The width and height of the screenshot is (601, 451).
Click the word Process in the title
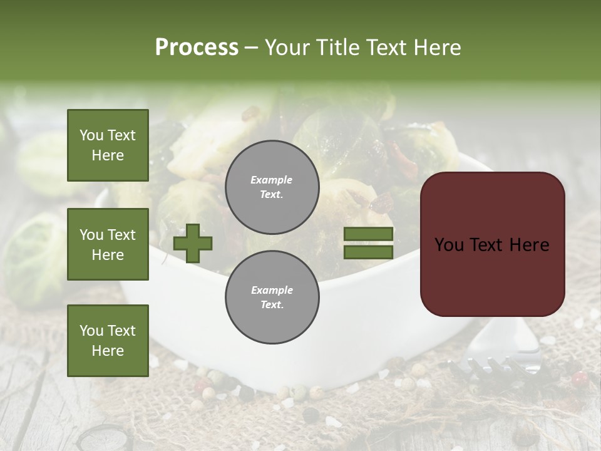[197, 48]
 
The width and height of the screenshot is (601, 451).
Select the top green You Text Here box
[108, 145]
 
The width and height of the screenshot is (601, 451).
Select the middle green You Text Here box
[108, 244]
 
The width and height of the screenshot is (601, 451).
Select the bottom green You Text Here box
[108, 340]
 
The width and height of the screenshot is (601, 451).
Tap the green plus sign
[193, 243]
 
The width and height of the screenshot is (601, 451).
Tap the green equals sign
[368, 243]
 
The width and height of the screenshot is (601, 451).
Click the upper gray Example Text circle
[272, 187]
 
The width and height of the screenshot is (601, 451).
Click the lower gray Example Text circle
[272, 298]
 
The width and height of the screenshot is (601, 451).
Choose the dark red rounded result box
[492, 244]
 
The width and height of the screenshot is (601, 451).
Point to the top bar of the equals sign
[368, 234]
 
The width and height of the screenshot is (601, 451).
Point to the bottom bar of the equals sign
[368, 252]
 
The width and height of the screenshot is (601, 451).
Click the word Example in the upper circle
[272, 180]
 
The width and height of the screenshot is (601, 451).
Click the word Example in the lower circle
[272, 290]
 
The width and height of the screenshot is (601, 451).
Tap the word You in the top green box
[91, 135]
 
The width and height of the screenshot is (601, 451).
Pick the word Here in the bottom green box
[108, 351]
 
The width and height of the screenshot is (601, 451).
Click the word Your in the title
[289, 48]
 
